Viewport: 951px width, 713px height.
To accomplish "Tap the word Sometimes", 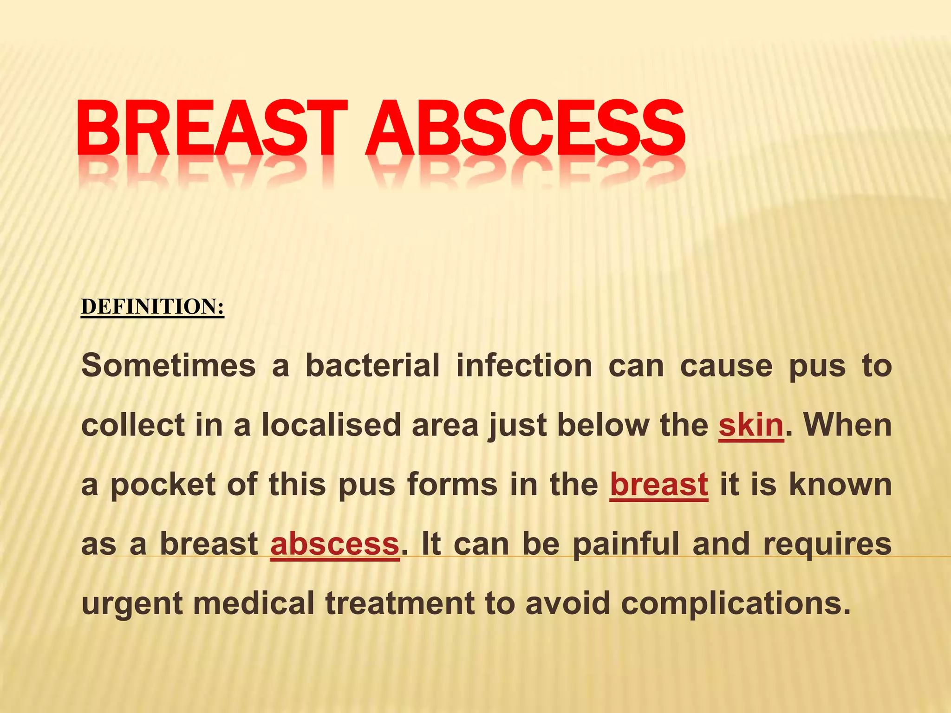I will (169, 366).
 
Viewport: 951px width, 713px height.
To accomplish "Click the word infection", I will (524, 366).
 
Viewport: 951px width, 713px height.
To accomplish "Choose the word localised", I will (331, 425).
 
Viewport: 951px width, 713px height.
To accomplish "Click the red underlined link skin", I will (751, 425).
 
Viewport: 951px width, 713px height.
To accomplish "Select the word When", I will (847, 425).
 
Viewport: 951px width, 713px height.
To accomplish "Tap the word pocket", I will (163, 485).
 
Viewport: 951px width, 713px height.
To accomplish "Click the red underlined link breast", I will (659, 485).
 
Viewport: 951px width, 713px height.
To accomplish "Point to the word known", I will (840, 485).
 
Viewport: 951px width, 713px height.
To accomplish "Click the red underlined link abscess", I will (335, 544).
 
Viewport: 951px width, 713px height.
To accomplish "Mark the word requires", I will (827, 544).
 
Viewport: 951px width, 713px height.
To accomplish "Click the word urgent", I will (132, 603).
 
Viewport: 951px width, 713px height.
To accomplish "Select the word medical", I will (254, 603).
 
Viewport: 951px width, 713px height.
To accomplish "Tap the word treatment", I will (400, 603).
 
